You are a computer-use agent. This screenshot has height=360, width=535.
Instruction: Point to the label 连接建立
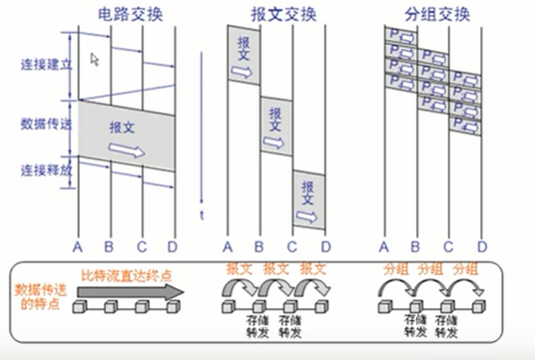tap(43, 66)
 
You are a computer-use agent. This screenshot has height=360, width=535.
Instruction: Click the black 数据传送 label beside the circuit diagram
tap(43, 122)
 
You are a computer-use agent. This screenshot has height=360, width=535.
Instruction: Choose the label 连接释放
tap(43, 171)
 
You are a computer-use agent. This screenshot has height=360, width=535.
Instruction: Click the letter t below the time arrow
tap(202, 214)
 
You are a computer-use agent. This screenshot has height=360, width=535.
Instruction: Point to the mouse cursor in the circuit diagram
tap(95, 59)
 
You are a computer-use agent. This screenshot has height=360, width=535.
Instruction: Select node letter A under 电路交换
tap(78, 246)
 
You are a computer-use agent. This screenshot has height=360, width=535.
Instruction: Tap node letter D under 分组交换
tap(482, 246)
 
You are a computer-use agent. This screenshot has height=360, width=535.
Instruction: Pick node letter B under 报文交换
tap(259, 246)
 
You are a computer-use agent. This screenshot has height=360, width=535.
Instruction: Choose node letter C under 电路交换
tap(142, 246)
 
